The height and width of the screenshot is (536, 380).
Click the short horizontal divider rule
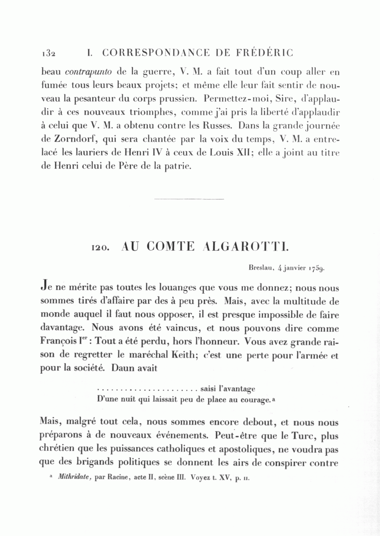tap(189, 199)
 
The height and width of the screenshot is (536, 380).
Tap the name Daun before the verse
tap(122, 368)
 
